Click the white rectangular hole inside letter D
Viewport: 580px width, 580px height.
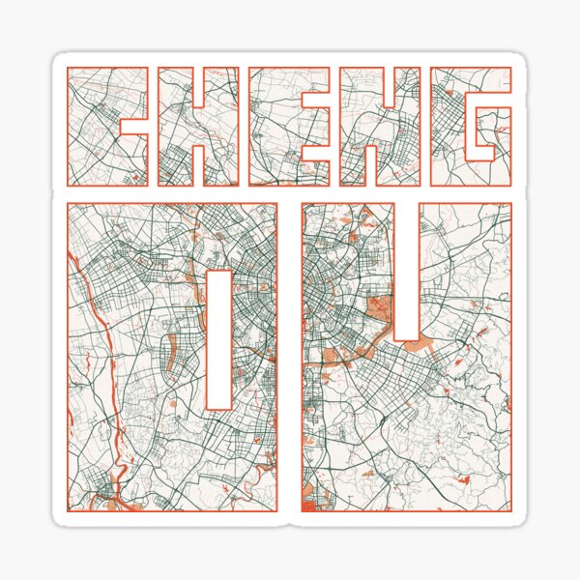click(x=220, y=338)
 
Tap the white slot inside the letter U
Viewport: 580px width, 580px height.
click(x=406, y=271)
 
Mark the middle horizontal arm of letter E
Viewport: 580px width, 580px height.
click(x=290, y=126)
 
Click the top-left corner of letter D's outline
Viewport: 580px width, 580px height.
click(x=67, y=203)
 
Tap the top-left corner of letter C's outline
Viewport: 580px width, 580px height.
click(x=65, y=68)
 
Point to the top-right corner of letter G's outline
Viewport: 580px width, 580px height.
click(x=511, y=68)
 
